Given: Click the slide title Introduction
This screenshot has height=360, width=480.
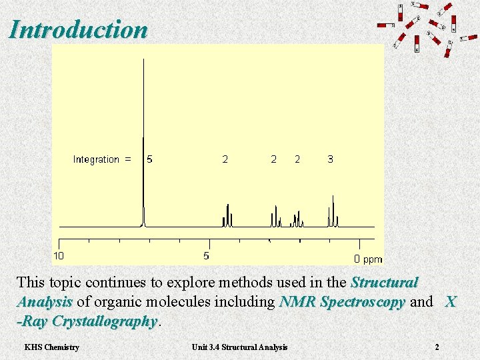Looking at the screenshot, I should point(78,29).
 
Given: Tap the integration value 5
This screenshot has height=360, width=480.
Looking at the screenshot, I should point(149,159).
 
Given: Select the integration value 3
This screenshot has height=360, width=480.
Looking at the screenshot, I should point(331,159).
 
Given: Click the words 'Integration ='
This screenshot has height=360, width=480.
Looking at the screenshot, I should point(102,159).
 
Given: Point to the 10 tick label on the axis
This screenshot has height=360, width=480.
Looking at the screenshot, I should point(59,255).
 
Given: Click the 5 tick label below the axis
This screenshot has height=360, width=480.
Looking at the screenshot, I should point(206,255).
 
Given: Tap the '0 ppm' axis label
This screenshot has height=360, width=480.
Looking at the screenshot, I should point(368,259).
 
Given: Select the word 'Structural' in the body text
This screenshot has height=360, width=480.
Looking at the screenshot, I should point(384,283).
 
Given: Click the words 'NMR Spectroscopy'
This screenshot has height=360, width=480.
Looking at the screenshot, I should point(342,302).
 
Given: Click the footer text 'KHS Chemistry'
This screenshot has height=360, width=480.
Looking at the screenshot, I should point(51,347).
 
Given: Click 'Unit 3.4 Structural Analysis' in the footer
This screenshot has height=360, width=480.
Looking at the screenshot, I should point(239,347).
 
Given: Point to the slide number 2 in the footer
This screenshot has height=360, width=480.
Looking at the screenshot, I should point(437,347).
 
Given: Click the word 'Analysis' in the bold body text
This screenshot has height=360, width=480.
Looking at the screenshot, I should point(44,302).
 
